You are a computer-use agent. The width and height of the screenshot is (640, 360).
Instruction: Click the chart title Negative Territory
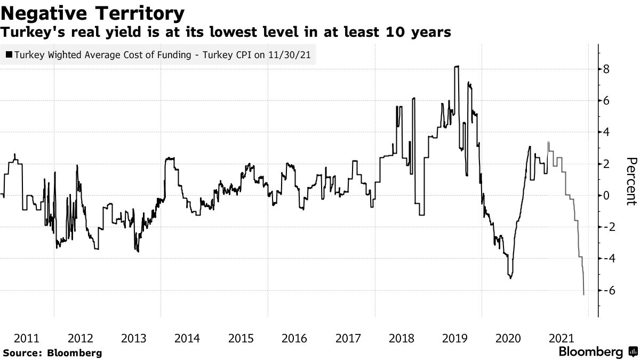pos(93,13)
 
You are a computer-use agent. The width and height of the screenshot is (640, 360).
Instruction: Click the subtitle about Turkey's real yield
pos(226,33)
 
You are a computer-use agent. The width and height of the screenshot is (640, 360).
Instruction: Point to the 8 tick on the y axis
pos(606,69)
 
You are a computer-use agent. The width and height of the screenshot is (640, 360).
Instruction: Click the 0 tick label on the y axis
pos(606,195)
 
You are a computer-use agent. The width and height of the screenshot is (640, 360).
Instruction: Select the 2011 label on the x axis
pos(27,338)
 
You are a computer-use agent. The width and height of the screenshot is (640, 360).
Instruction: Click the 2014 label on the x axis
pos(187,338)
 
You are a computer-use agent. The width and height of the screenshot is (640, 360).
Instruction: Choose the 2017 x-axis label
pos(348,338)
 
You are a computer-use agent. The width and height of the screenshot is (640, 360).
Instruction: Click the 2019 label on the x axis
pos(455,338)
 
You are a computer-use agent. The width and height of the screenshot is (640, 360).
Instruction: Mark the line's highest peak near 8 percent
pos(457,66)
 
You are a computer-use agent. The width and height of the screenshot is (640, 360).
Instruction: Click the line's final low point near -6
pos(584,294)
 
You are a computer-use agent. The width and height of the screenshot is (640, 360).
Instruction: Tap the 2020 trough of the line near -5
pos(510,278)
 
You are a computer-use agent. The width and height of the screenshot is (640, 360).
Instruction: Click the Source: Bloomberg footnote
pos(52,353)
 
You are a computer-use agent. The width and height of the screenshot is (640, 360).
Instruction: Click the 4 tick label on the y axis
pos(606,132)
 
